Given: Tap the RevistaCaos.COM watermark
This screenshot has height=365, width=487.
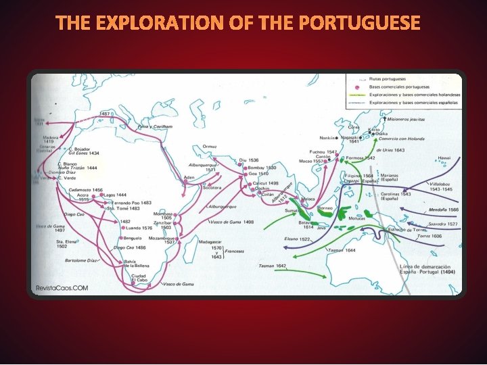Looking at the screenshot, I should (x=62, y=287).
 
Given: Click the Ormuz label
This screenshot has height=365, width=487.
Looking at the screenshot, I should (x=210, y=146).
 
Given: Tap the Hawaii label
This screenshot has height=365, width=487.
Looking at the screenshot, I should (x=444, y=158).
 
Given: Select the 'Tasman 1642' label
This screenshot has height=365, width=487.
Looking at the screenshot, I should (x=272, y=266).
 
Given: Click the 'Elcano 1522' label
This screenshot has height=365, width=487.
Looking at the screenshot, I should (x=296, y=239).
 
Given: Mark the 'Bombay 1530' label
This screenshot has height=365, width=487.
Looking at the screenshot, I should (x=262, y=167).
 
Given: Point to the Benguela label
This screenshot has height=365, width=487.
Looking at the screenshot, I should (x=133, y=238).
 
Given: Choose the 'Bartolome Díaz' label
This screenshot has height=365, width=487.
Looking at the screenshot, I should (x=80, y=260).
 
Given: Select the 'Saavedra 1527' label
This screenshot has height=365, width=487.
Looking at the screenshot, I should (x=443, y=224).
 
